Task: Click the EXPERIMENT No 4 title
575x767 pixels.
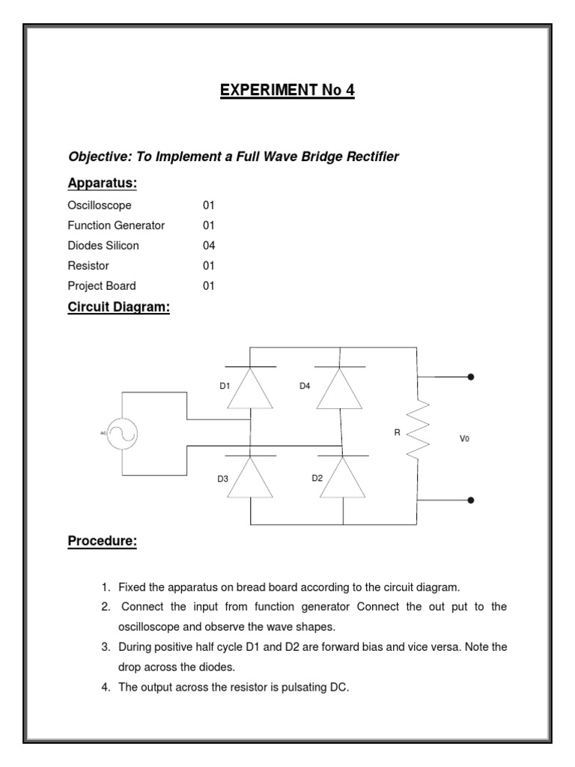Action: (x=287, y=91)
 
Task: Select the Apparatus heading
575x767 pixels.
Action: (x=102, y=184)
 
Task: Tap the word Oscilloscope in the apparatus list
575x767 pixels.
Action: (x=100, y=205)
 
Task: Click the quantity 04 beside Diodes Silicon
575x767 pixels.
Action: (x=209, y=246)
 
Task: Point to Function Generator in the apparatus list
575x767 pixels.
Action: (x=116, y=225)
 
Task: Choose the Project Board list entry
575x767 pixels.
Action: (x=102, y=286)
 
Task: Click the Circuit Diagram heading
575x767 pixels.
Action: (x=119, y=307)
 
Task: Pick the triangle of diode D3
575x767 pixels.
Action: (x=250, y=476)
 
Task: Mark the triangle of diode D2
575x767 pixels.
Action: (x=343, y=476)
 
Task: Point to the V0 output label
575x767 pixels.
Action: (x=464, y=439)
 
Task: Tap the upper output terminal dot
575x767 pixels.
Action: (x=470, y=377)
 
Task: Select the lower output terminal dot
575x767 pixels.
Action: (x=470, y=500)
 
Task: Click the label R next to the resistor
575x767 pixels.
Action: (x=398, y=432)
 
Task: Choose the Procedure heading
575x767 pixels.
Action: (x=103, y=542)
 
